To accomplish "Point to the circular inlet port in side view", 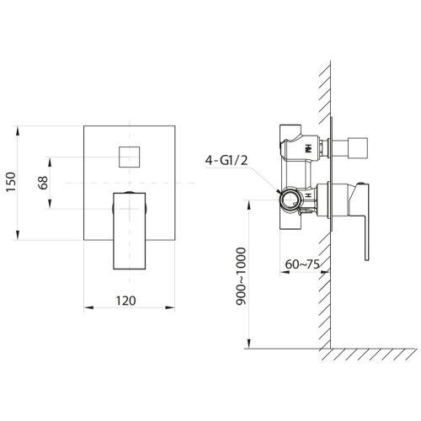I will pos(292,200).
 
